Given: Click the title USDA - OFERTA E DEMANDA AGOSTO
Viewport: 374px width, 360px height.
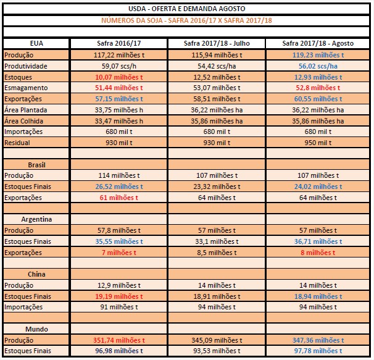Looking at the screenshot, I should [187, 10].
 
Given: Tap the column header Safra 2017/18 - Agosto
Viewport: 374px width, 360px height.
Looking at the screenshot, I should [318, 44].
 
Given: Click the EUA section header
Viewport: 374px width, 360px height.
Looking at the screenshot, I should [36, 44].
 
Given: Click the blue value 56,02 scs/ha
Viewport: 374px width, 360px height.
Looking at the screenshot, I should [318, 66].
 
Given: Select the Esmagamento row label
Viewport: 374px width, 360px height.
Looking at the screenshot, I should [22, 88].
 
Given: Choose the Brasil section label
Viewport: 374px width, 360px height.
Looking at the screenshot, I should [37, 165].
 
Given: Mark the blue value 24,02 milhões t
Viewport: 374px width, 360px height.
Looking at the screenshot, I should [318, 186].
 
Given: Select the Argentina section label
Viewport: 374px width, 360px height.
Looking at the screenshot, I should [37, 219].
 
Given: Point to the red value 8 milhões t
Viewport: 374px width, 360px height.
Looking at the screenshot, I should [318, 253].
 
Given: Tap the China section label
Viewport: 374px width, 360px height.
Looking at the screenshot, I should [37, 274].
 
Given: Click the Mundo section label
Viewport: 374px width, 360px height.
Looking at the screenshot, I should [37, 329].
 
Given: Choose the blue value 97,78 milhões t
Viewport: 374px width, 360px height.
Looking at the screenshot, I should [318, 351].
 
